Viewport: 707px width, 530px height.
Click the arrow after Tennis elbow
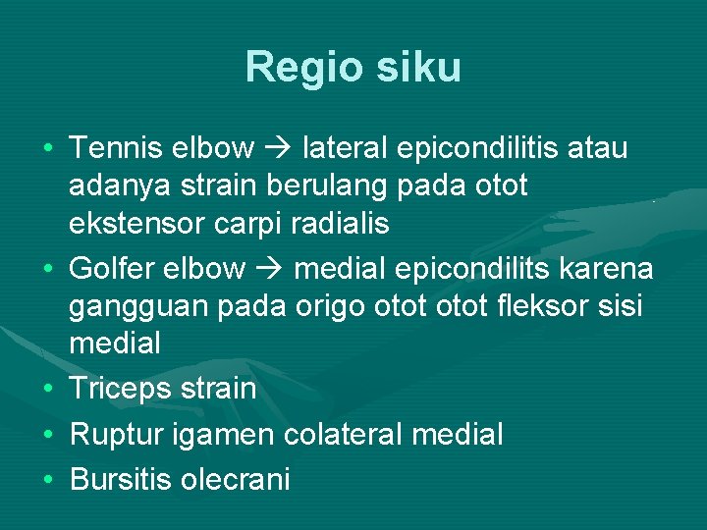click(x=280, y=148)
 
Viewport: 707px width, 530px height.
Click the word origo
click(x=331, y=305)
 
